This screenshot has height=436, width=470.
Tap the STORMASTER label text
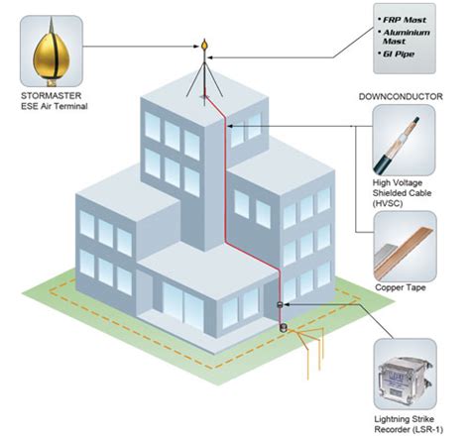[x=50, y=96]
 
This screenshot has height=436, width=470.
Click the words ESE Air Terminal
[x=50, y=108]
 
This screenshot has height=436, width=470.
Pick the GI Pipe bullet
[x=402, y=58]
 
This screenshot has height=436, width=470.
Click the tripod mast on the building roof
[x=206, y=79]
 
